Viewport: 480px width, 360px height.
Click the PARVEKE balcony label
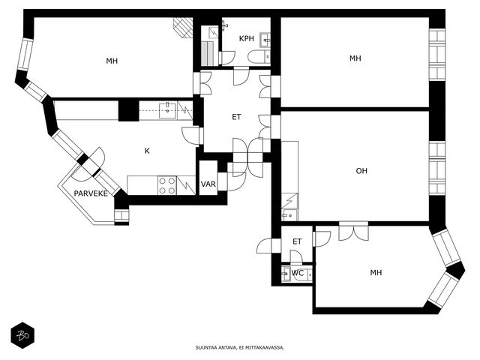[x=91, y=193]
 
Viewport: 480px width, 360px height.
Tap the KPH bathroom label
[x=247, y=38]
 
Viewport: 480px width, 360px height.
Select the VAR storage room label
[x=208, y=184]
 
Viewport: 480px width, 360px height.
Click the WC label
[x=298, y=273]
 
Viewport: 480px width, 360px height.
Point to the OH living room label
[x=361, y=171]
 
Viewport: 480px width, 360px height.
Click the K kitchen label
[x=147, y=151]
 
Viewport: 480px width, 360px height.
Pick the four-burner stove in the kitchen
[x=167, y=185]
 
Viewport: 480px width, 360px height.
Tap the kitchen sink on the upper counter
[x=167, y=111]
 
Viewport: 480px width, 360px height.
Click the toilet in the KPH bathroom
[x=259, y=57]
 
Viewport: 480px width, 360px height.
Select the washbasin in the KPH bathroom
[x=265, y=40]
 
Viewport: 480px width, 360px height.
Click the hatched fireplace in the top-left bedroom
[x=183, y=28]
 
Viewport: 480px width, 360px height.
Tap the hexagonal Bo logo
[x=22, y=335]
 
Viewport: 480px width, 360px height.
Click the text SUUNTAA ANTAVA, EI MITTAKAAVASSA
[x=240, y=347]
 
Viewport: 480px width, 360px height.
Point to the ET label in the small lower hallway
[x=297, y=241]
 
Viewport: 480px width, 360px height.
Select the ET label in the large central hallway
[x=236, y=117]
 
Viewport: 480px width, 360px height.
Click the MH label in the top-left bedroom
[x=112, y=61]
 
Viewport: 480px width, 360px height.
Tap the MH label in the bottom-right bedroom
[x=376, y=272]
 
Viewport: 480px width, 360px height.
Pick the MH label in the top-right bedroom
[x=355, y=58]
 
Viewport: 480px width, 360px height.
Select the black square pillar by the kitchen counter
[x=128, y=110]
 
